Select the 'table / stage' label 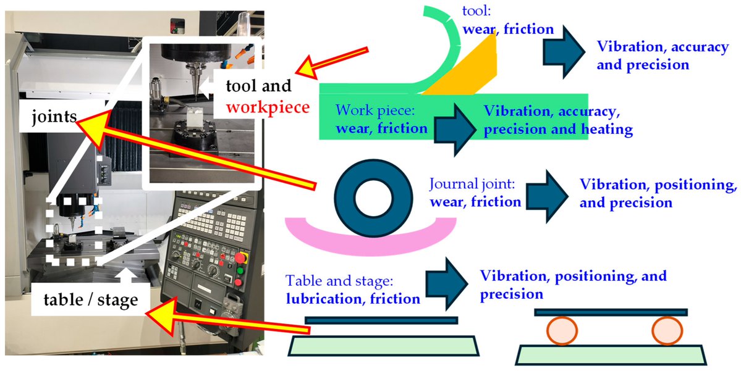[x=90, y=300]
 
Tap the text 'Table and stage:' [x=339, y=281]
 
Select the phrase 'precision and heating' [x=558, y=130]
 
